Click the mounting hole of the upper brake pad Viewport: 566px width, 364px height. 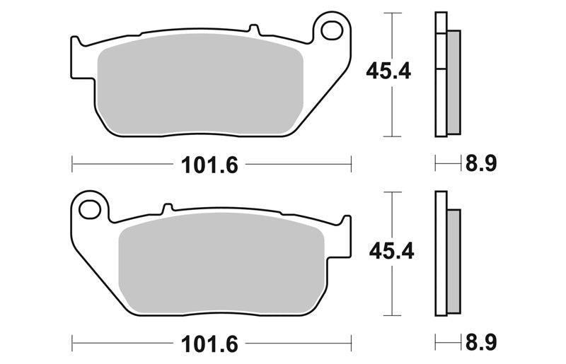click(332, 30)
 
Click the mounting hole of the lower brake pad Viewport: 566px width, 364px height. click(90, 210)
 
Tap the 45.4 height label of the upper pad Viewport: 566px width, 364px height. click(388, 71)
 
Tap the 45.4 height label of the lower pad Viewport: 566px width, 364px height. click(392, 250)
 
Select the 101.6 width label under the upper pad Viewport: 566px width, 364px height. click(209, 165)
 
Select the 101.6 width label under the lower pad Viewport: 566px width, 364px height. click(209, 344)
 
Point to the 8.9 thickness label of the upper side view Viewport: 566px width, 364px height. click(481, 163)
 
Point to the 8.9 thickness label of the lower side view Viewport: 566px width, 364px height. click(481, 342)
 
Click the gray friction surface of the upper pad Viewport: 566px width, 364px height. click(200, 85)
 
